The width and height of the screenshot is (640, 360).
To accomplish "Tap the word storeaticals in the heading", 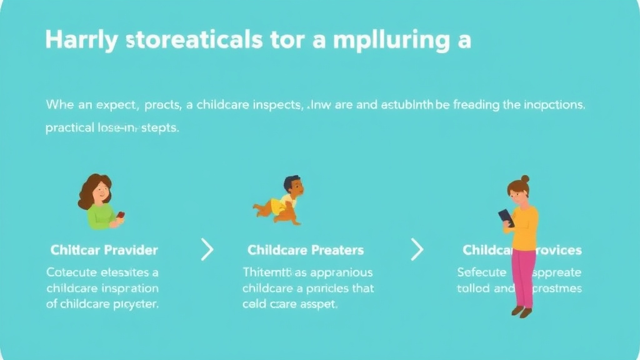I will tap(194, 41).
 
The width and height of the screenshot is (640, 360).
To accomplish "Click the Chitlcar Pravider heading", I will tap(104, 250).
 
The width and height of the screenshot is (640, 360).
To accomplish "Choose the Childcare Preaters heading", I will tap(306, 250).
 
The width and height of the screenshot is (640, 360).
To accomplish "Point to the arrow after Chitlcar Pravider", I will tap(207, 250).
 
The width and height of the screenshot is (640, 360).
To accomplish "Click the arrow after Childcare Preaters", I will tap(417, 250).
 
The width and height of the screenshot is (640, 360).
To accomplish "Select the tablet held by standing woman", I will tap(506, 217).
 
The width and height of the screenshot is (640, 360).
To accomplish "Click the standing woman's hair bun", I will tap(525, 179).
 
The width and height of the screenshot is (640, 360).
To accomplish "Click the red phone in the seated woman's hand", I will tap(121, 214).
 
